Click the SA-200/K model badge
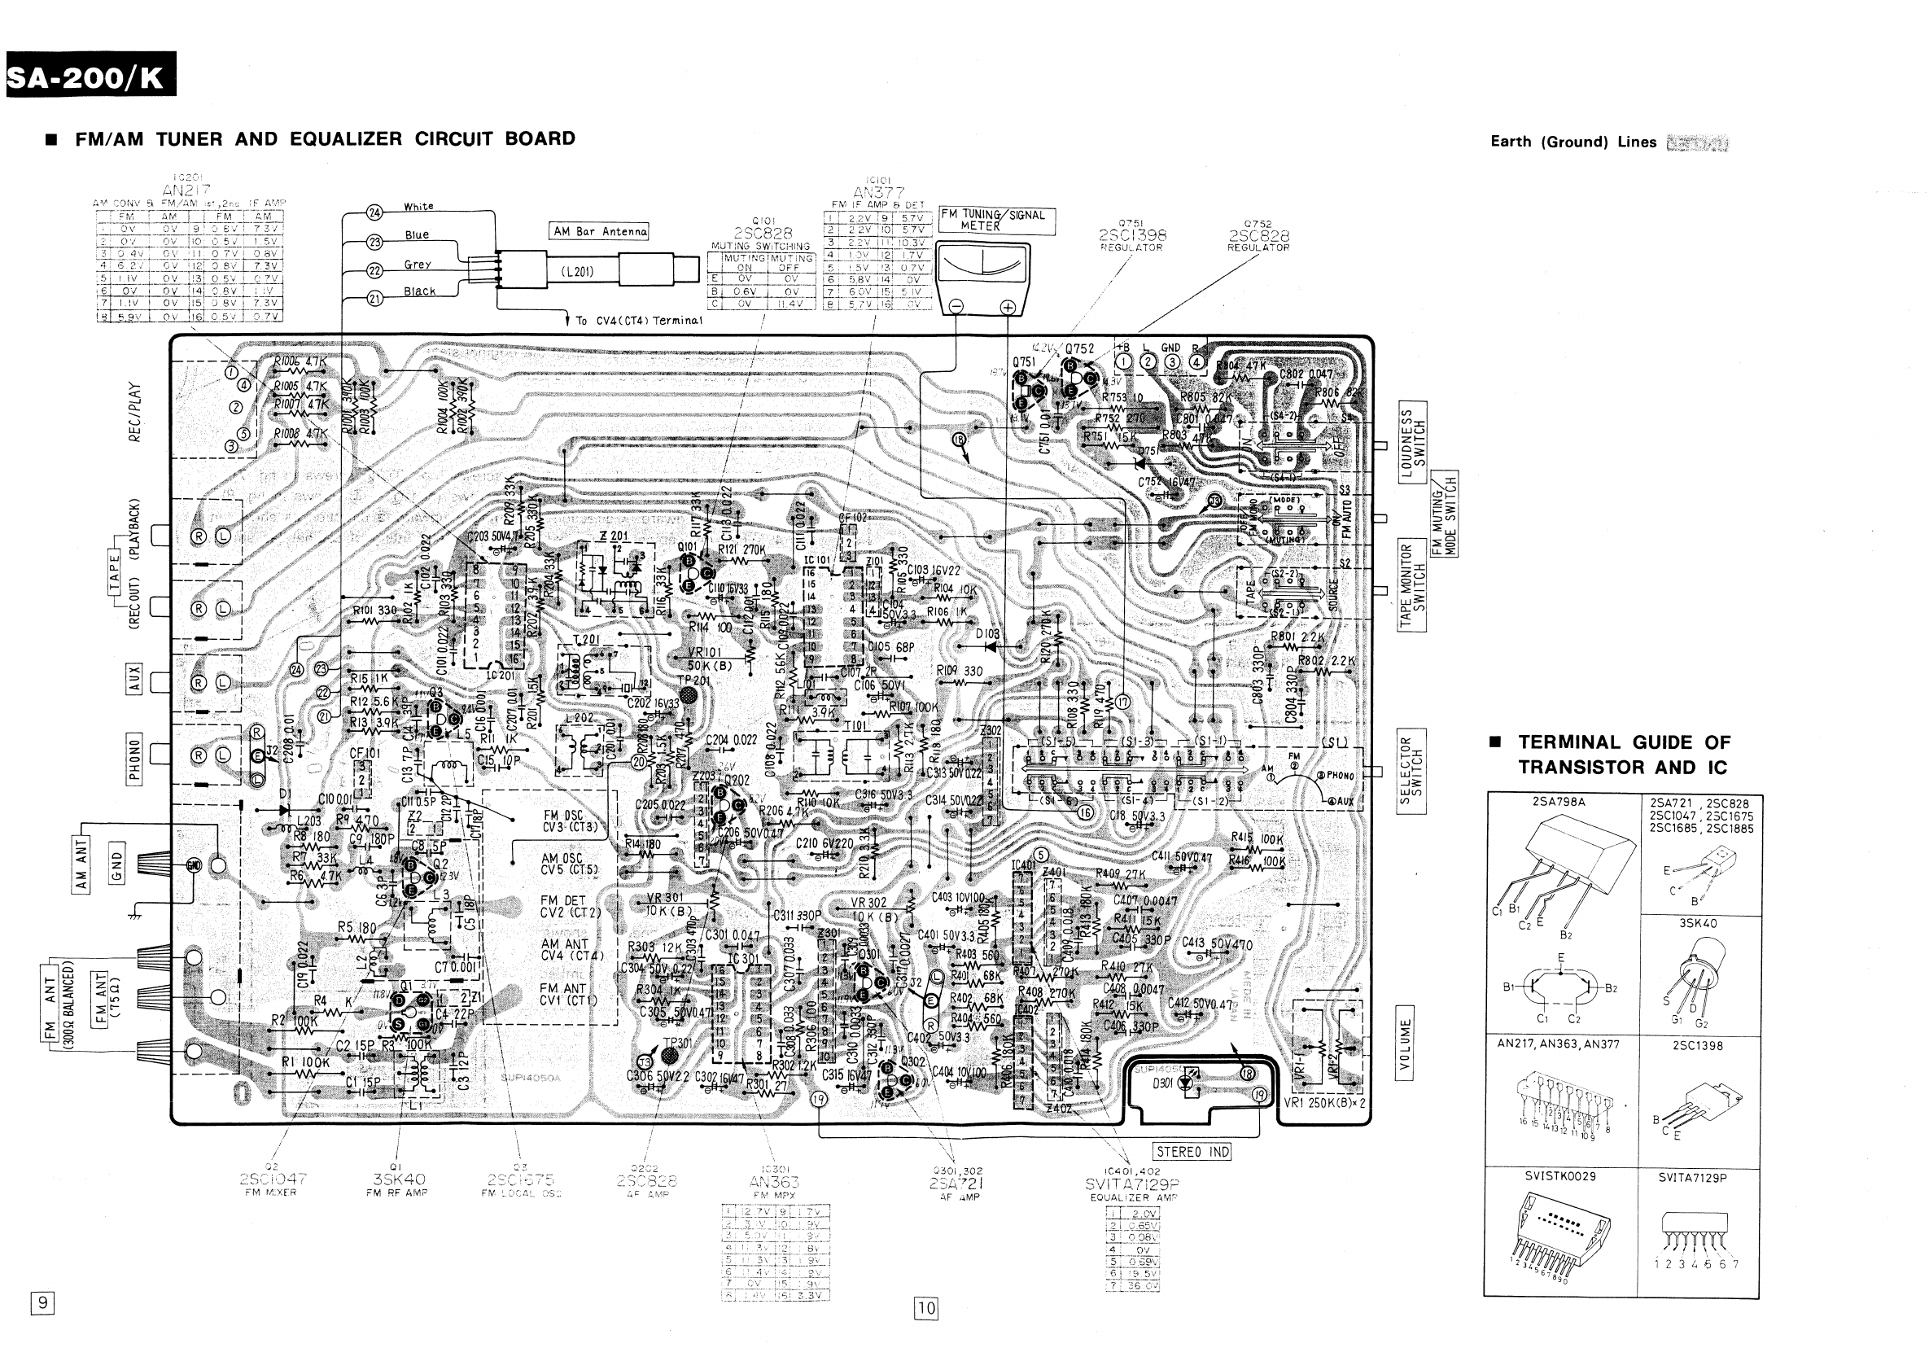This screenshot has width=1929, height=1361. pos(90,77)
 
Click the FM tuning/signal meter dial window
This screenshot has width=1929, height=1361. pos(982,270)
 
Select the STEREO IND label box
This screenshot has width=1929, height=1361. pos(1193,1152)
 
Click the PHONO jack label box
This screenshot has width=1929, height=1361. pos(134,757)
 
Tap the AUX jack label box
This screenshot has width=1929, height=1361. pos(134,679)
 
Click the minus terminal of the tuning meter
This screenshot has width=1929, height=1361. pos(956,308)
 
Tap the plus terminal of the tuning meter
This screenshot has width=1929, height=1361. pos(1008,308)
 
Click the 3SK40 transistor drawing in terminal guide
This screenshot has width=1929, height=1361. pos(1697,978)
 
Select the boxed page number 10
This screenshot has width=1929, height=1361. pos(926,1307)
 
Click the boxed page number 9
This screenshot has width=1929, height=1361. pos(42,1302)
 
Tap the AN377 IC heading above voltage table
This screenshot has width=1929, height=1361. pos(878,192)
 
